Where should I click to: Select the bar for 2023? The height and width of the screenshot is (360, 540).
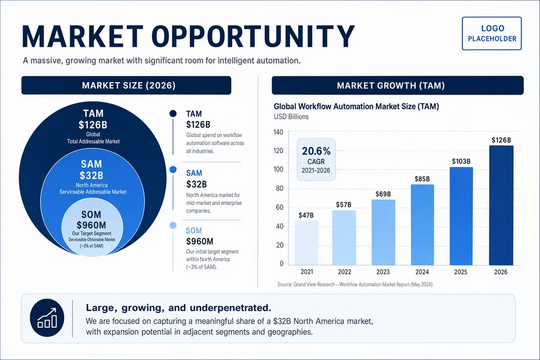383,232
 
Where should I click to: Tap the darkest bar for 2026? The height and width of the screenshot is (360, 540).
501,205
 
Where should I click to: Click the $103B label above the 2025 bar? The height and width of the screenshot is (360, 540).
461,161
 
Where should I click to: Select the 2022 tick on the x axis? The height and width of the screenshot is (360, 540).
344,272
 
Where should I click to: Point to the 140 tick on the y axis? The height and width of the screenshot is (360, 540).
277,132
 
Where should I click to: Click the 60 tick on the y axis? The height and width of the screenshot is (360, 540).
278,208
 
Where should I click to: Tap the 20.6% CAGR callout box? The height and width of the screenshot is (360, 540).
316,159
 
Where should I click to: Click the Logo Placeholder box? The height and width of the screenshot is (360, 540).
492,34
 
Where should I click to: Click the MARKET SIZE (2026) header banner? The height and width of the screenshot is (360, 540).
126,85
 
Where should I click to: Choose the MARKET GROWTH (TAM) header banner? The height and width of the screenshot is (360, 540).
397,85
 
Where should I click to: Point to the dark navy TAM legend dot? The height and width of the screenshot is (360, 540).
173,114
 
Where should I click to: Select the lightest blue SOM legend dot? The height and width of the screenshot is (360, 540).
173,226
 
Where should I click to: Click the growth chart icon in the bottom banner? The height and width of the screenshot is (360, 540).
47,318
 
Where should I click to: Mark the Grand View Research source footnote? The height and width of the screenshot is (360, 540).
354,285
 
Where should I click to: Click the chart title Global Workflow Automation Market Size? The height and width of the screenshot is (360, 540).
356,106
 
